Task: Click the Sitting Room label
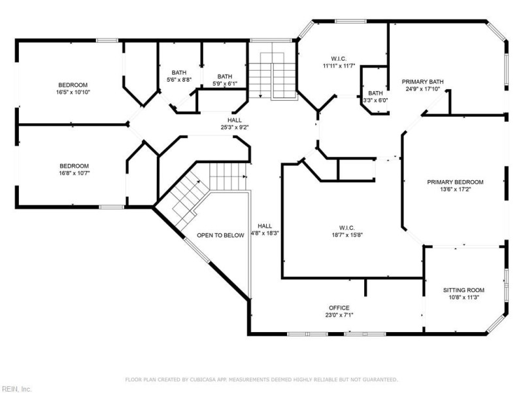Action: (x=464, y=290)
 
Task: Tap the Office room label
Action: (x=339, y=308)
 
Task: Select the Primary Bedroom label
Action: (x=455, y=181)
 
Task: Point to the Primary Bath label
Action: (x=422, y=82)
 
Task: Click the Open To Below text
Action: (x=220, y=235)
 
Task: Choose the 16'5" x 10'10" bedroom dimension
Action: (x=73, y=92)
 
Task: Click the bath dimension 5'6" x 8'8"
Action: (x=178, y=80)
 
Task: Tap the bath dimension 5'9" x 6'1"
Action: (x=224, y=84)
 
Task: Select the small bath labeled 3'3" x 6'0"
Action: (x=375, y=100)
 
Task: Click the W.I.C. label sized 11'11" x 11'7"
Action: (x=338, y=65)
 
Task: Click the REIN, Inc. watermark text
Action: (x=16, y=388)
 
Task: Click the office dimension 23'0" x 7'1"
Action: (x=339, y=315)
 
